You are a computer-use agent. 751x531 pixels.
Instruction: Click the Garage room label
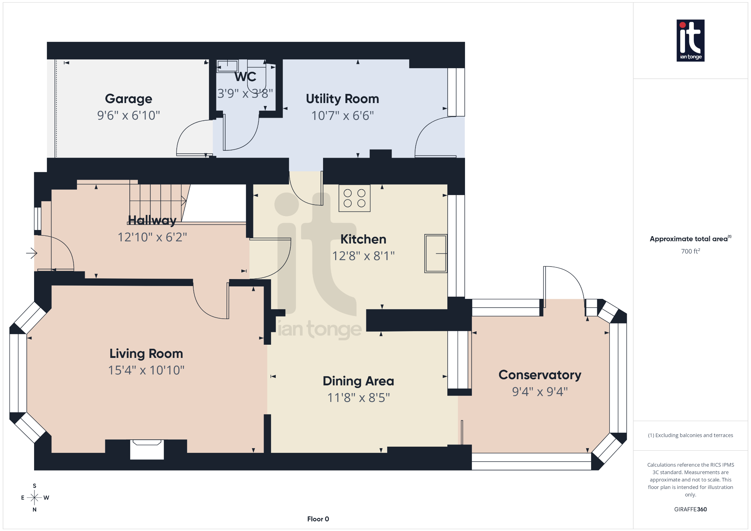128,99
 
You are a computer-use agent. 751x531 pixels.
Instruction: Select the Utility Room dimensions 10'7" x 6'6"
342,116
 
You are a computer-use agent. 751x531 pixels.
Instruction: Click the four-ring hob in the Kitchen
354,198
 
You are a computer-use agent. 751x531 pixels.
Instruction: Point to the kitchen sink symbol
436,253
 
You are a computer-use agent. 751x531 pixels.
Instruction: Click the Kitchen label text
363,239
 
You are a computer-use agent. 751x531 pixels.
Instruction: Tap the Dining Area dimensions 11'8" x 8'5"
358,398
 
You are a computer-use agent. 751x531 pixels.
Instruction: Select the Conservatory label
540,375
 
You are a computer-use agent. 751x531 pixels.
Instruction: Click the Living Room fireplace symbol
147,449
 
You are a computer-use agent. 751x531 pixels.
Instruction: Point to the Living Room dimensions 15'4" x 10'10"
146,370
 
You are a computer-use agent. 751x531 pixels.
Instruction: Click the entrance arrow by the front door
32,253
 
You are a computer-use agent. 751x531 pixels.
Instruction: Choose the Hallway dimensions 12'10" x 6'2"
152,237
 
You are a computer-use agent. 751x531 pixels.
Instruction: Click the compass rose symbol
34,498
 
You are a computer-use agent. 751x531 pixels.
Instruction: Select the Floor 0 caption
318,519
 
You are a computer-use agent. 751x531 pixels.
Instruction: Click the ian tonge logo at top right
690,40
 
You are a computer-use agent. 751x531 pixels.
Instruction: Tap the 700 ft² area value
690,251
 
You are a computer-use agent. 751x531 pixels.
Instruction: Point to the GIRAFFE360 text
690,509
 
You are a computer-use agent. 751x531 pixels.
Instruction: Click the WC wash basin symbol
227,66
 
